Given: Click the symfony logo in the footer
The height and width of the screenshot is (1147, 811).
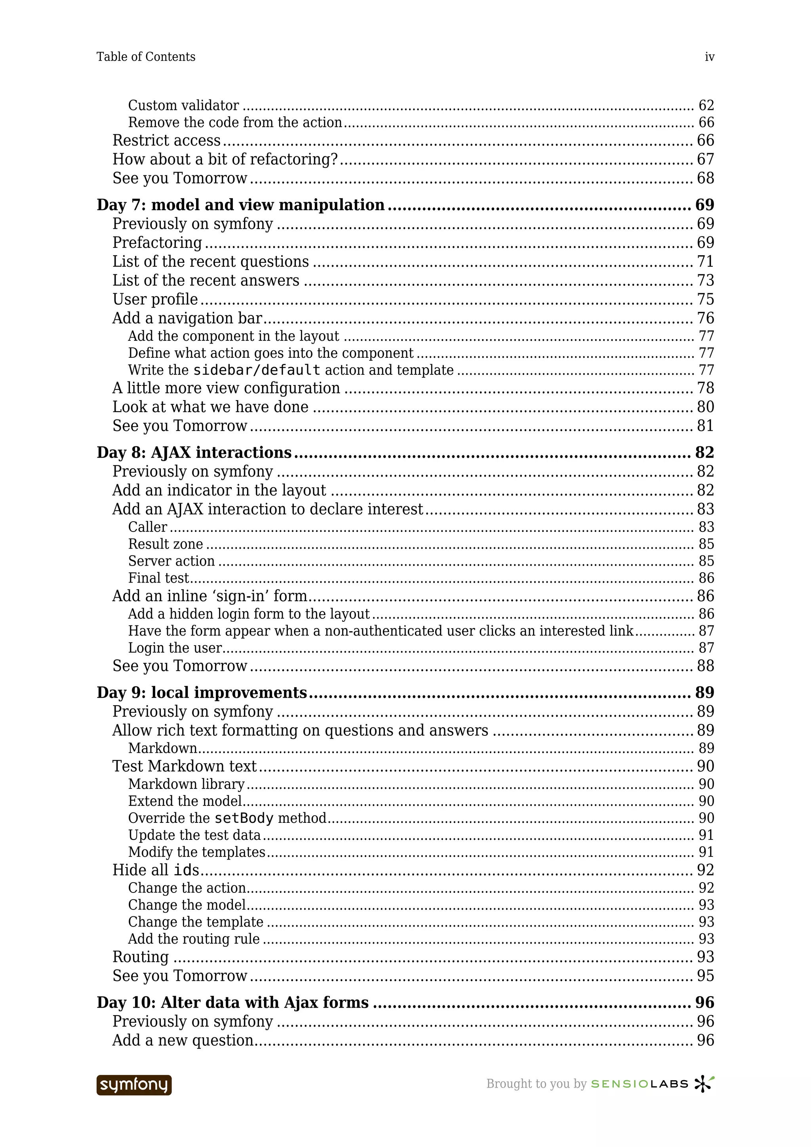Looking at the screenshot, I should point(134,1084).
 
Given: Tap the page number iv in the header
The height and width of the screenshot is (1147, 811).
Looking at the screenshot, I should point(709,57).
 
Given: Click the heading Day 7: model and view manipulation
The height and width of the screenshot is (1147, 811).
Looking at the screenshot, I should point(240,205).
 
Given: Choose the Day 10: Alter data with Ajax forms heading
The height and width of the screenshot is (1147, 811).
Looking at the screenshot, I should point(232,1002).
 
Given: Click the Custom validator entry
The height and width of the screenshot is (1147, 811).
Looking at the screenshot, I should point(183,105).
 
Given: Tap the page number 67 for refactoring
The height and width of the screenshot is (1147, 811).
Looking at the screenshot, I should point(705,160).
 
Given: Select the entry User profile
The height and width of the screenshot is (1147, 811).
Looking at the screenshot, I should point(155,299).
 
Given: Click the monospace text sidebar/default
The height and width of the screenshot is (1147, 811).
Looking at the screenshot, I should point(256,370).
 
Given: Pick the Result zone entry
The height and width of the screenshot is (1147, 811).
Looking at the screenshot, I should point(166,544).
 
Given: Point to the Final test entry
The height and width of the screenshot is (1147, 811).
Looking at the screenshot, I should point(158,578).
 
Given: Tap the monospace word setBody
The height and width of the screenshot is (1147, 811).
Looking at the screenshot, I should point(244,818).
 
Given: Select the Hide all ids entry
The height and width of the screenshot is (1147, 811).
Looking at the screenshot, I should point(155,870).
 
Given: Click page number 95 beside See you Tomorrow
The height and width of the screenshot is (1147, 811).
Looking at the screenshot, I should point(705,976).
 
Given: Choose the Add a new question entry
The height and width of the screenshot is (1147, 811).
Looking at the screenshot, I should point(183,1040).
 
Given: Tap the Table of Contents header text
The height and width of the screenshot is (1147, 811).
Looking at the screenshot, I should point(146,57).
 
